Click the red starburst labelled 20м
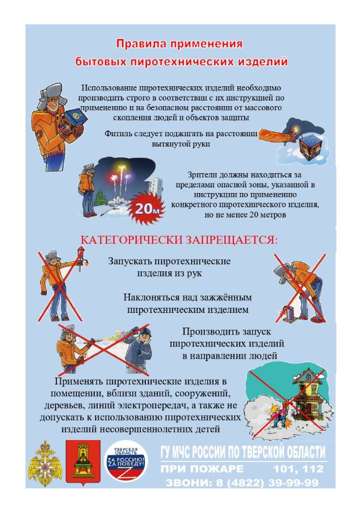coord(146,208)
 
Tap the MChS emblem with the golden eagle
coord(45,464)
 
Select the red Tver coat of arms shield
coord(83,462)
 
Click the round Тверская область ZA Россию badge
coord(126,463)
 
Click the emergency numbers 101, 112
coord(299,468)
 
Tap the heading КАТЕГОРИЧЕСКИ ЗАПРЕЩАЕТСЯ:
coord(179,240)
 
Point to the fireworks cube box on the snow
coord(311,146)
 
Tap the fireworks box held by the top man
coord(74,120)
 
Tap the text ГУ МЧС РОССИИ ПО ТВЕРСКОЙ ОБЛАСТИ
coord(243,452)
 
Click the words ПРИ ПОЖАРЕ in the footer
coord(202,468)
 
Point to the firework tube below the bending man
coord(289,313)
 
